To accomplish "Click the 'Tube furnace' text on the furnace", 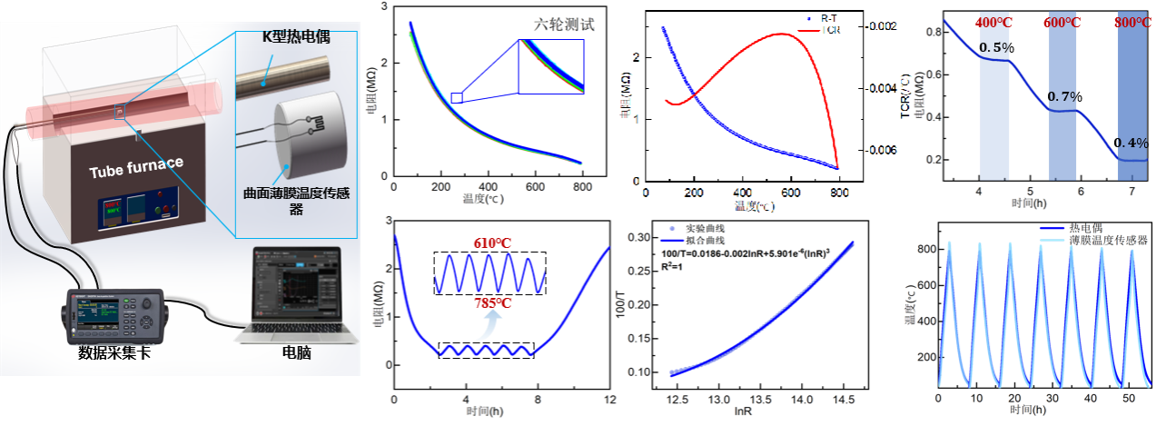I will pyautogui.click(x=135, y=173).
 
